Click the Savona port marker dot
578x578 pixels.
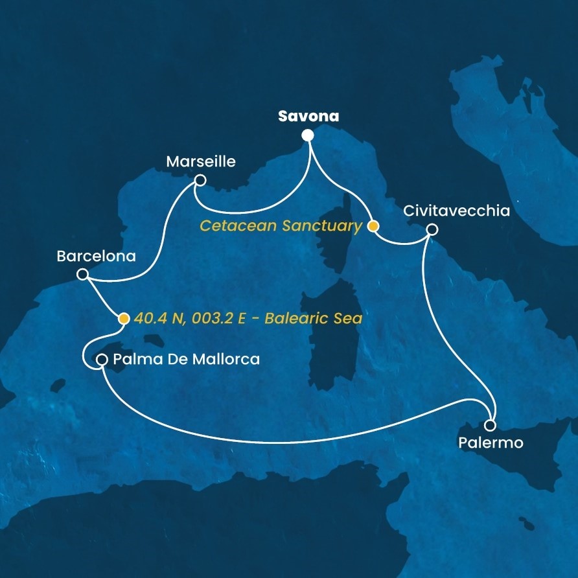click(307, 135)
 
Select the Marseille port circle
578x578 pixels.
click(200, 181)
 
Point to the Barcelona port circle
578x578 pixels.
click(82, 275)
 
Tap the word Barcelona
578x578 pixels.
click(96, 256)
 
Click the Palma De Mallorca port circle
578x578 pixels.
click(102, 359)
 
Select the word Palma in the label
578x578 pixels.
click(133, 359)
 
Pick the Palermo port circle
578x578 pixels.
click(490, 426)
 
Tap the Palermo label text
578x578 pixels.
click(491, 445)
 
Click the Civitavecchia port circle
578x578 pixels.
click(432, 229)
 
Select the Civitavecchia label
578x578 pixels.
click(456, 211)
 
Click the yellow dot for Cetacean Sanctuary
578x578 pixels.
click(373, 226)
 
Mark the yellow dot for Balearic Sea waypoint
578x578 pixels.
click(123, 318)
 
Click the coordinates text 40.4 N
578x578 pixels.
click(159, 318)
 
